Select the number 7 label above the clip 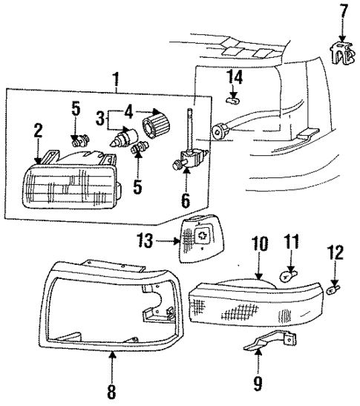click(342, 13)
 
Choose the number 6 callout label click(186, 200)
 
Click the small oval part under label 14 click(232, 99)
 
